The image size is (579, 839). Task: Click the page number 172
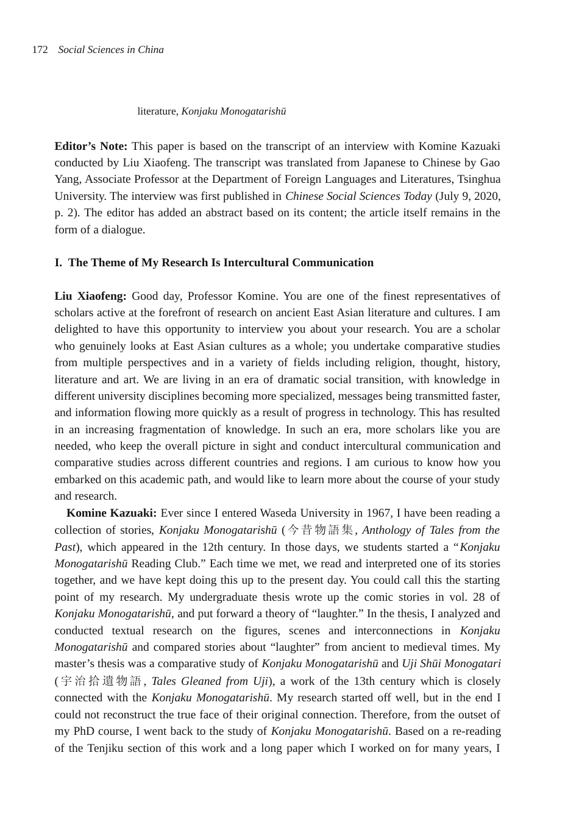pos(40,50)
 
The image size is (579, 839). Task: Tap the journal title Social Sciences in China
pos(111,50)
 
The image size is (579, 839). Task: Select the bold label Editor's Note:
pos(91,146)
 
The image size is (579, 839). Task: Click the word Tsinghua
pos(479,179)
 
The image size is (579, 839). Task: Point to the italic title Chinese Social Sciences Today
pos(358,196)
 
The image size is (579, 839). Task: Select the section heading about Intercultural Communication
pos(214,263)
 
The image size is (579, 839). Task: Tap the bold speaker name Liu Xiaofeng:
pos(90,296)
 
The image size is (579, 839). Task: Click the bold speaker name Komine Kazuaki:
pos(112,513)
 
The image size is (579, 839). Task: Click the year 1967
pos(378,513)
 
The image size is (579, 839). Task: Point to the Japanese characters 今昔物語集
pos(321,530)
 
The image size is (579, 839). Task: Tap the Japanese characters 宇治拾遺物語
pos(101,681)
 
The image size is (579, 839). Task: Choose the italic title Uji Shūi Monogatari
pos(451,664)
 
